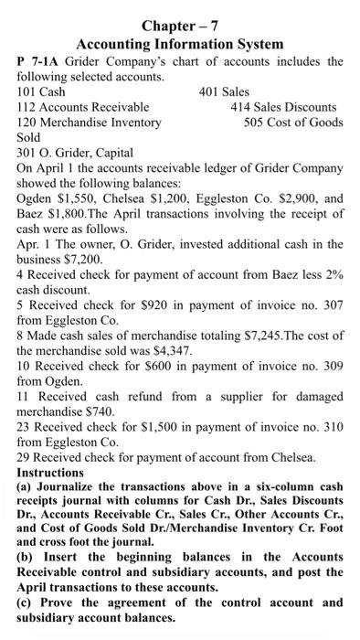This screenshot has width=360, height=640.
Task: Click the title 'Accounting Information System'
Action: [x=180, y=43]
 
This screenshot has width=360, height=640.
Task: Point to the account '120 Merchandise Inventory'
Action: [x=90, y=123]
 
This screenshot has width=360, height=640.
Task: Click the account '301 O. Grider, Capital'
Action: [x=76, y=153]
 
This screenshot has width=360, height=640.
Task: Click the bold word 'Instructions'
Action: [x=57, y=472]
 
